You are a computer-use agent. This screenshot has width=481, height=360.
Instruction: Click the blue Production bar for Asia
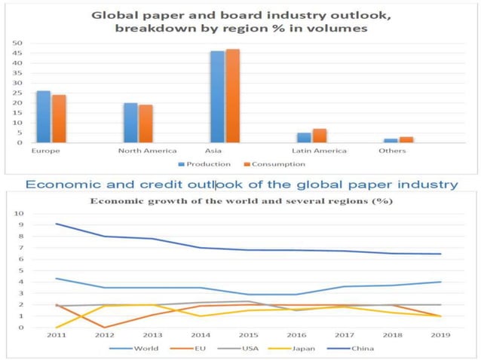217,96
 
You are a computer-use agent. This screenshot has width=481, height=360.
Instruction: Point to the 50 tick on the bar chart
17,44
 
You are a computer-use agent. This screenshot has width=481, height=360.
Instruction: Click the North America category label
147,151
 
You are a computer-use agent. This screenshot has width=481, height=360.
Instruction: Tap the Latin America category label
319,151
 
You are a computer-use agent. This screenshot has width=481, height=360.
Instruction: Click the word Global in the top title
112,15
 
